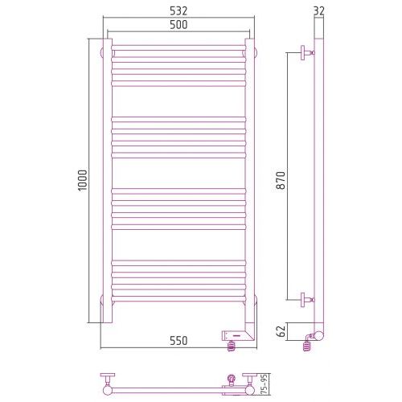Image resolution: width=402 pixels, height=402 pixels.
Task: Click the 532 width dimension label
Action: pyautogui.click(x=178, y=11)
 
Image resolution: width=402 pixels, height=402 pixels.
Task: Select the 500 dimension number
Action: pyautogui.click(x=178, y=25)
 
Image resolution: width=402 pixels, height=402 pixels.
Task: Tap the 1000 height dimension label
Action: pyautogui.click(x=82, y=180)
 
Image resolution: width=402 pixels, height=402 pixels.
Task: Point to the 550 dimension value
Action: pyautogui.click(x=178, y=341)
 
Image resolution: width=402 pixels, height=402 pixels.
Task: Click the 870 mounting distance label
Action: pyautogui.click(x=281, y=180)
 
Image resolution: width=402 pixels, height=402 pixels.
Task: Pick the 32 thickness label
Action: pyautogui.click(x=318, y=10)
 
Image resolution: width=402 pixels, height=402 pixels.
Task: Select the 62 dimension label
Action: pyautogui.click(x=281, y=331)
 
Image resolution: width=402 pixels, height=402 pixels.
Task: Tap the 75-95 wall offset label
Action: pyautogui.click(x=265, y=384)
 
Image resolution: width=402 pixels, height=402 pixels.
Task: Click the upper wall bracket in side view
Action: pyautogui.click(x=307, y=52)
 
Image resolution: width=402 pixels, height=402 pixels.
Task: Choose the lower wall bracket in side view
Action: pyautogui.click(x=307, y=300)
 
